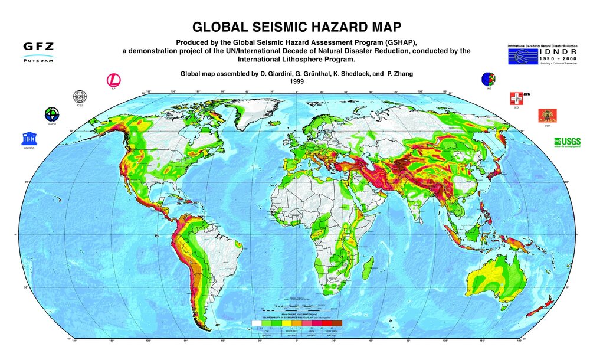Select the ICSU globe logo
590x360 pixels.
(x=79, y=97)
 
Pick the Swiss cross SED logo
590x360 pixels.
(x=516, y=98)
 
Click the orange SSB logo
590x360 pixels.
(x=544, y=115)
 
